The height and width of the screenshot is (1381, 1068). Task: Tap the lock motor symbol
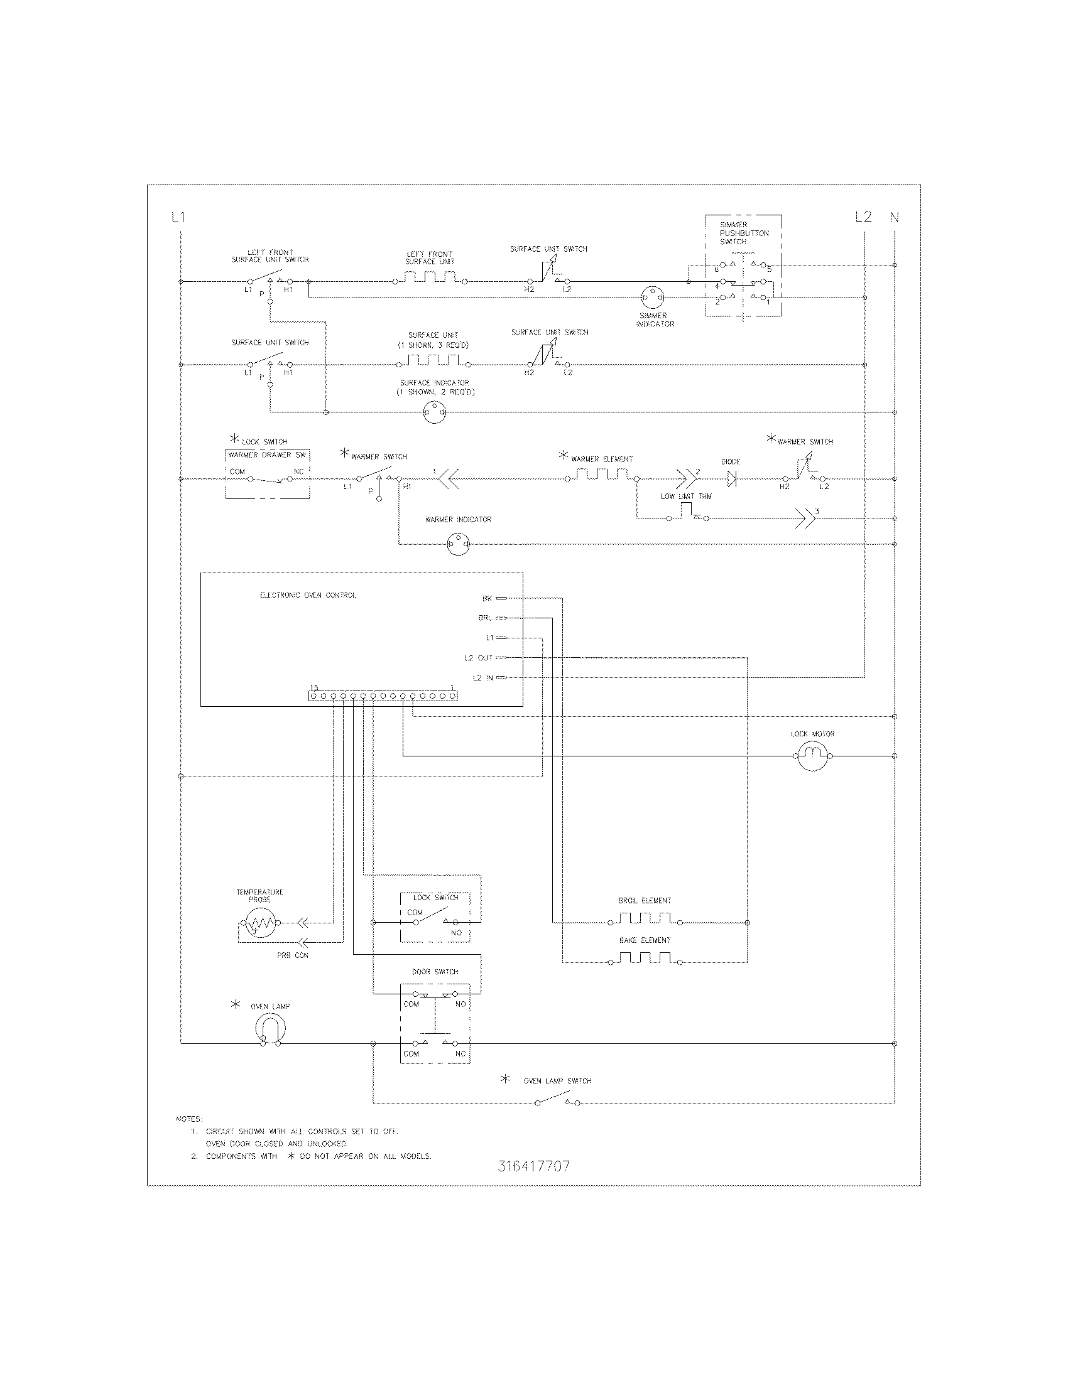812,756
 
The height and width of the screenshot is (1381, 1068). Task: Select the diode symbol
733,480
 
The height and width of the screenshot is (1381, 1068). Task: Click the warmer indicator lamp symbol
458,544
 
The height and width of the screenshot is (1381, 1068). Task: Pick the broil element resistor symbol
645,919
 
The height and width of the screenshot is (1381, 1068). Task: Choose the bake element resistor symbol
645,959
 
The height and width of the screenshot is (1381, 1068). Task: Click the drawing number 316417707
533,1166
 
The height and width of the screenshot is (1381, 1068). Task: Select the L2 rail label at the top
863,217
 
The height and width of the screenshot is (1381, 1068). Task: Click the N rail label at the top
895,218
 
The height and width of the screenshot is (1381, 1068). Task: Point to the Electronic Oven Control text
308,595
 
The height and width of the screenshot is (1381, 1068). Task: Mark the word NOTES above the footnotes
189,1119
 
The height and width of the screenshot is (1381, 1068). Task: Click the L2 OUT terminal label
478,658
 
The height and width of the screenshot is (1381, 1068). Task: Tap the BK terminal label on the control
487,598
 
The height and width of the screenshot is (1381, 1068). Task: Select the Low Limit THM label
686,497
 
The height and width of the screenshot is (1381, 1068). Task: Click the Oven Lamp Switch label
557,1081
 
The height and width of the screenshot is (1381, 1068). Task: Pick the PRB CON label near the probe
292,955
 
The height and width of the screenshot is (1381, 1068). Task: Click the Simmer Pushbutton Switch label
744,234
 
